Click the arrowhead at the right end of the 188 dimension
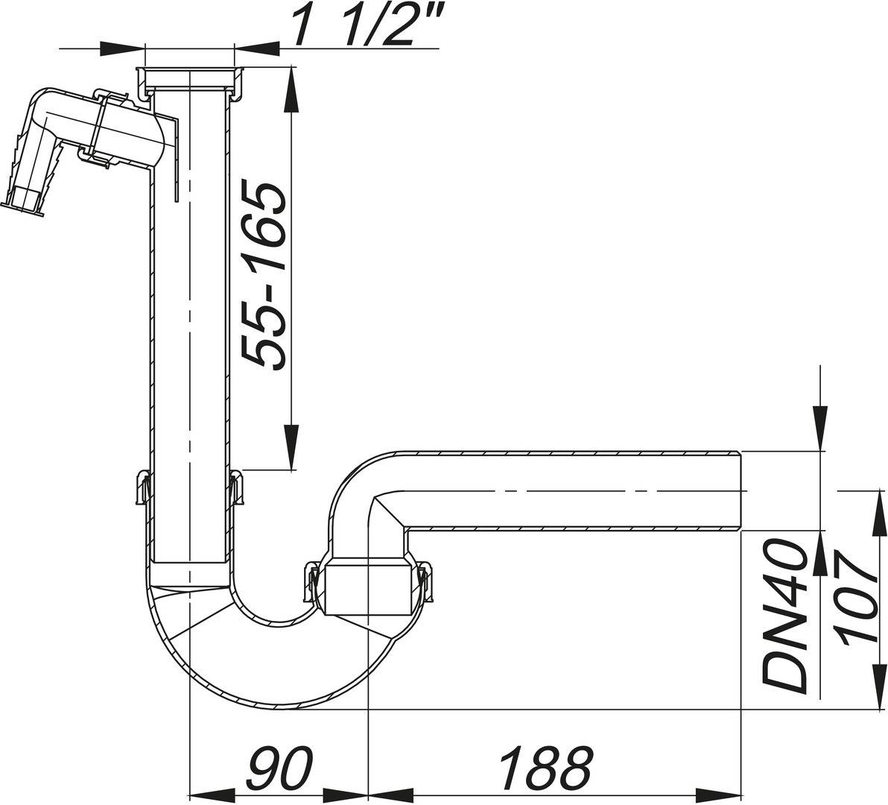(x=730, y=792)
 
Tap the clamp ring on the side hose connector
(x=101, y=123)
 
